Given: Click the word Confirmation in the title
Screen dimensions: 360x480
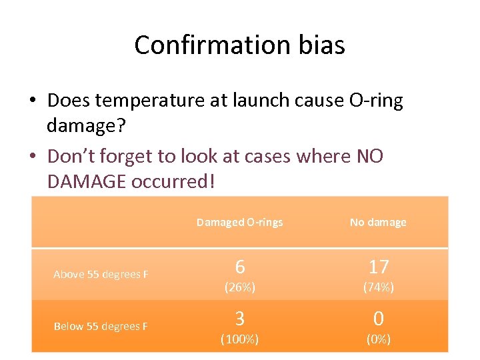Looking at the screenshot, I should (x=209, y=45).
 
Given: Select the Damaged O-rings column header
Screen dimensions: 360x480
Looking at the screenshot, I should (x=239, y=223).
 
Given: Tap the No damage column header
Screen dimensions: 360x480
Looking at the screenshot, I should (x=378, y=223).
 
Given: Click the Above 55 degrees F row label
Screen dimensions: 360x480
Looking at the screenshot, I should (x=101, y=275).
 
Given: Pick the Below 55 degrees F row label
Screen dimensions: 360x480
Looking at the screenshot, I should (x=101, y=327).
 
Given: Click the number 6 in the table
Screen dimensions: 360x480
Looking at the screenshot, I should (x=239, y=267).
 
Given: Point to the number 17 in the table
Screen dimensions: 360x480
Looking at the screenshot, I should (x=378, y=267).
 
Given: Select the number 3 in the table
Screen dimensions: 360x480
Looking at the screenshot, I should (x=239, y=318).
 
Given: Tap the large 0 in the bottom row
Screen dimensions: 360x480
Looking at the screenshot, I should (x=378, y=318).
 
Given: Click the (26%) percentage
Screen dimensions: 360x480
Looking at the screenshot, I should (x=239, y=288).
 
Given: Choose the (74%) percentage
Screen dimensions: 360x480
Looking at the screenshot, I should (x=378, y=288).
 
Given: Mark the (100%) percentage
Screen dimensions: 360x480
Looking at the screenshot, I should (x=239, y=339).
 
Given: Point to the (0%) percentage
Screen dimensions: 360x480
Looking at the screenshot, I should (x=378, y=339).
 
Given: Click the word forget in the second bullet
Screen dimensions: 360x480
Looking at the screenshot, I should (x=133, y=156).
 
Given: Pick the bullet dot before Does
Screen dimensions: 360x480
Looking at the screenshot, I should (x=33, y=101).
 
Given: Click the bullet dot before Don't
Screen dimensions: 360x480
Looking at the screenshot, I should (x=33, y=156).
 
